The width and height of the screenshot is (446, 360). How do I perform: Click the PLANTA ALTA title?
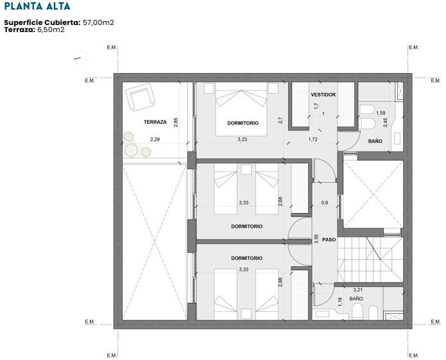click(x=37, y=6)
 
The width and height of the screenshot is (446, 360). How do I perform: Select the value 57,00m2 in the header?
click(x=98, y=22)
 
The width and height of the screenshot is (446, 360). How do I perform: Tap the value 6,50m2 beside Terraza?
click(x=51, y=30)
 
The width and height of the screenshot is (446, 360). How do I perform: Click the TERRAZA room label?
click(x=155, y=122)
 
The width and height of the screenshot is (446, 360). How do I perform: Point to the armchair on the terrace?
click(x=141, y=97)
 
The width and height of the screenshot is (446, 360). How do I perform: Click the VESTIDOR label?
click(x=323, y=95)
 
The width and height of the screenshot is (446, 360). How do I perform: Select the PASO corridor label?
click(x=329, y=240)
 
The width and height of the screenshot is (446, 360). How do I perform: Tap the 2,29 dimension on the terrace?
click(x=155, y=139)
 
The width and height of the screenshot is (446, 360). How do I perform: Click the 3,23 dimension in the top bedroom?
click(x=243, y=139)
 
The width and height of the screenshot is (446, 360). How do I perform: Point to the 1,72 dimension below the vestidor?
click(x=313, y=139)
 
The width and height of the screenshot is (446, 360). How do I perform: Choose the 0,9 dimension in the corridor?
click(x=325, y=203)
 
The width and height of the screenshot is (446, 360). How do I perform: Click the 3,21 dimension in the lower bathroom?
click(x=358, y=290)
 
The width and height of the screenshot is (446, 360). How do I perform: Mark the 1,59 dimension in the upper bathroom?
click(x=381, y=113)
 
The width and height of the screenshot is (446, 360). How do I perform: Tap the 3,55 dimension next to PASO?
click(x=316, y=239)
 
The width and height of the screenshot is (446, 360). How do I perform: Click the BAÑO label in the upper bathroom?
click(x=375, y=141)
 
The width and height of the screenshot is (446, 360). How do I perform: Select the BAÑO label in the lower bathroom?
click(x=356, y=298)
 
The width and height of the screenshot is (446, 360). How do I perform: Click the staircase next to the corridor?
click(x=370, y=259)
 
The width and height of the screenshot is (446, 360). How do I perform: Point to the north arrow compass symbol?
click(x=80, y=58)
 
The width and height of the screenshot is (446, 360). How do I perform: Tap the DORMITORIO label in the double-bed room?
click(x=243, y=123)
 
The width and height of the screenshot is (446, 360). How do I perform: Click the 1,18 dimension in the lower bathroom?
click(x=340, y=302)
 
